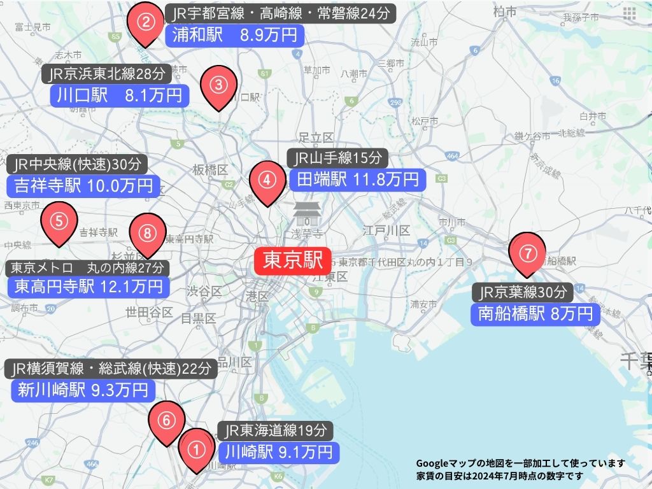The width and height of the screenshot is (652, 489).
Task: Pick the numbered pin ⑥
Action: click(166, 421)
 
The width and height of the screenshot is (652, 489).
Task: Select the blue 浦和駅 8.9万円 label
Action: click(234, 36)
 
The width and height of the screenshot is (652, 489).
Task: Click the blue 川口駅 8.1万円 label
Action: click(119, 96)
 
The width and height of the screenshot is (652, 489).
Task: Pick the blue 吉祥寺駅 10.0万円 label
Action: click(83, 186)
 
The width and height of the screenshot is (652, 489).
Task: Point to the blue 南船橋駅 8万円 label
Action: click(535, 313)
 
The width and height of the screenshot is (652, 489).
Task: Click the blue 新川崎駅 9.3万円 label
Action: click(83, 390)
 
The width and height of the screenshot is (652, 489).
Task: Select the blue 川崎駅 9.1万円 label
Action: click(278, 452)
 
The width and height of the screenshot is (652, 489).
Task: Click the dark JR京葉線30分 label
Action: click(523, 292)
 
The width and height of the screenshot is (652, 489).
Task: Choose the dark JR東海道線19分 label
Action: click(276, 430)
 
